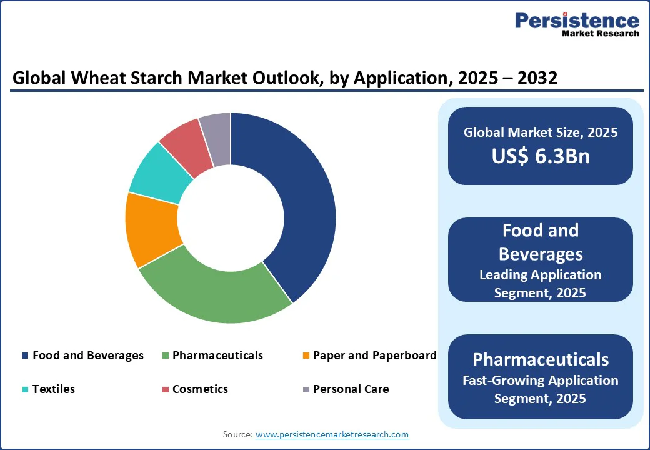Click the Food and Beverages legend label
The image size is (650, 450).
click(x=87, y=356)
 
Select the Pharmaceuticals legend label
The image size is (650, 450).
click(x=217, y=356)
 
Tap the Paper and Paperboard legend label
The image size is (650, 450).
click(x=374, y=356)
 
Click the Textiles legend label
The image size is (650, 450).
click(x=53, y=389)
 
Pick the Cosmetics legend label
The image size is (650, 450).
click(x=200, y=389)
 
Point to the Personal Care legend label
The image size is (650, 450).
click(x=351, y=389)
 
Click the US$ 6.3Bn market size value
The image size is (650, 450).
click(x=540, y=156)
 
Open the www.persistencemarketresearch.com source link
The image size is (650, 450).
click(x=332, y=434)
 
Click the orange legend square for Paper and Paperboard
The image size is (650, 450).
click(x=306, y=356)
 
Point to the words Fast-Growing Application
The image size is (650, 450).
click(x=540, y=381)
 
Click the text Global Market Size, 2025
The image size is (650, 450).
click(x=540, y=132)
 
